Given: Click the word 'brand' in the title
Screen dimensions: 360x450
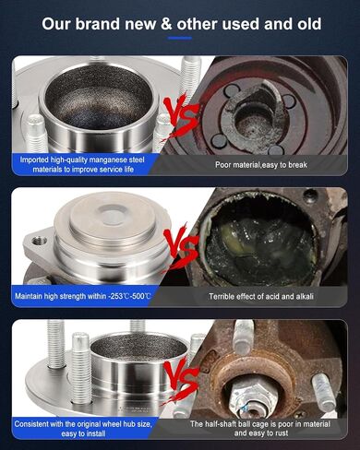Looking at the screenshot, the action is point(98,24).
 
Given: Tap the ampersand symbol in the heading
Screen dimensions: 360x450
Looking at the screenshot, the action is point(166,24).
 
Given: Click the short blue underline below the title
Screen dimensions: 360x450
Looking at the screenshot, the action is point(180,38).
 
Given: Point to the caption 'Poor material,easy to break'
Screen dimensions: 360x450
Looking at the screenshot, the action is point(261,165).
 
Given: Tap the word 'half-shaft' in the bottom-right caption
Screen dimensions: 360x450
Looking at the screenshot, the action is point(221,424).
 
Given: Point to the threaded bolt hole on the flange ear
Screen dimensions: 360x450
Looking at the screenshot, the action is point(39,240).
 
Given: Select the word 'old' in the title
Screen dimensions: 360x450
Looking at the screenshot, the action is point(309,24).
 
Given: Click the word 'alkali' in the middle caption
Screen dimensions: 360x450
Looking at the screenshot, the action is point(305,297).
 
